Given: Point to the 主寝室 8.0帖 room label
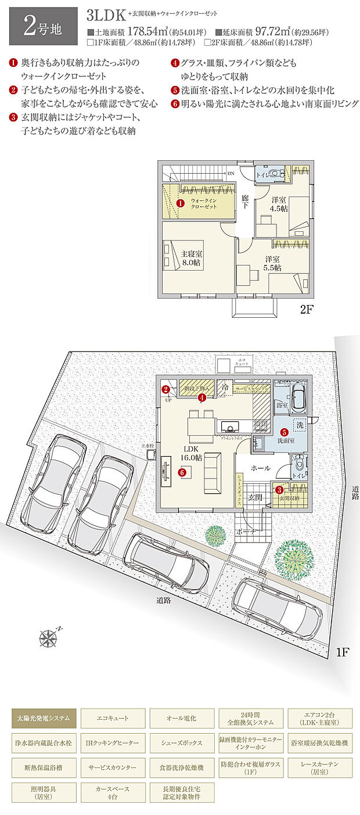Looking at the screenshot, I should click(191, 258).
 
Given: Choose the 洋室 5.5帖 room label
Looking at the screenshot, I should click(273, 263).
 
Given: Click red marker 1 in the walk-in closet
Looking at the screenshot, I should click(180, 203).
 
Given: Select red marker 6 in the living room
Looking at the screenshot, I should click(182, 473).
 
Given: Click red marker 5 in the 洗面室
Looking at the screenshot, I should click(284, 432).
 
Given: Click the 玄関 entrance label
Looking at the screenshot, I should click(256, 497).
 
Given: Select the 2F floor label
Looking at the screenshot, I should click(307, 310).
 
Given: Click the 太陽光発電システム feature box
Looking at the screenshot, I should click(44, 718).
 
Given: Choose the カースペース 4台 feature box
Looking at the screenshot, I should click(113, 793).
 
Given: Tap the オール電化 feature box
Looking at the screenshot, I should click(181, 718).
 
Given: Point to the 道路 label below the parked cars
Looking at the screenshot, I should click(164, 600).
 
